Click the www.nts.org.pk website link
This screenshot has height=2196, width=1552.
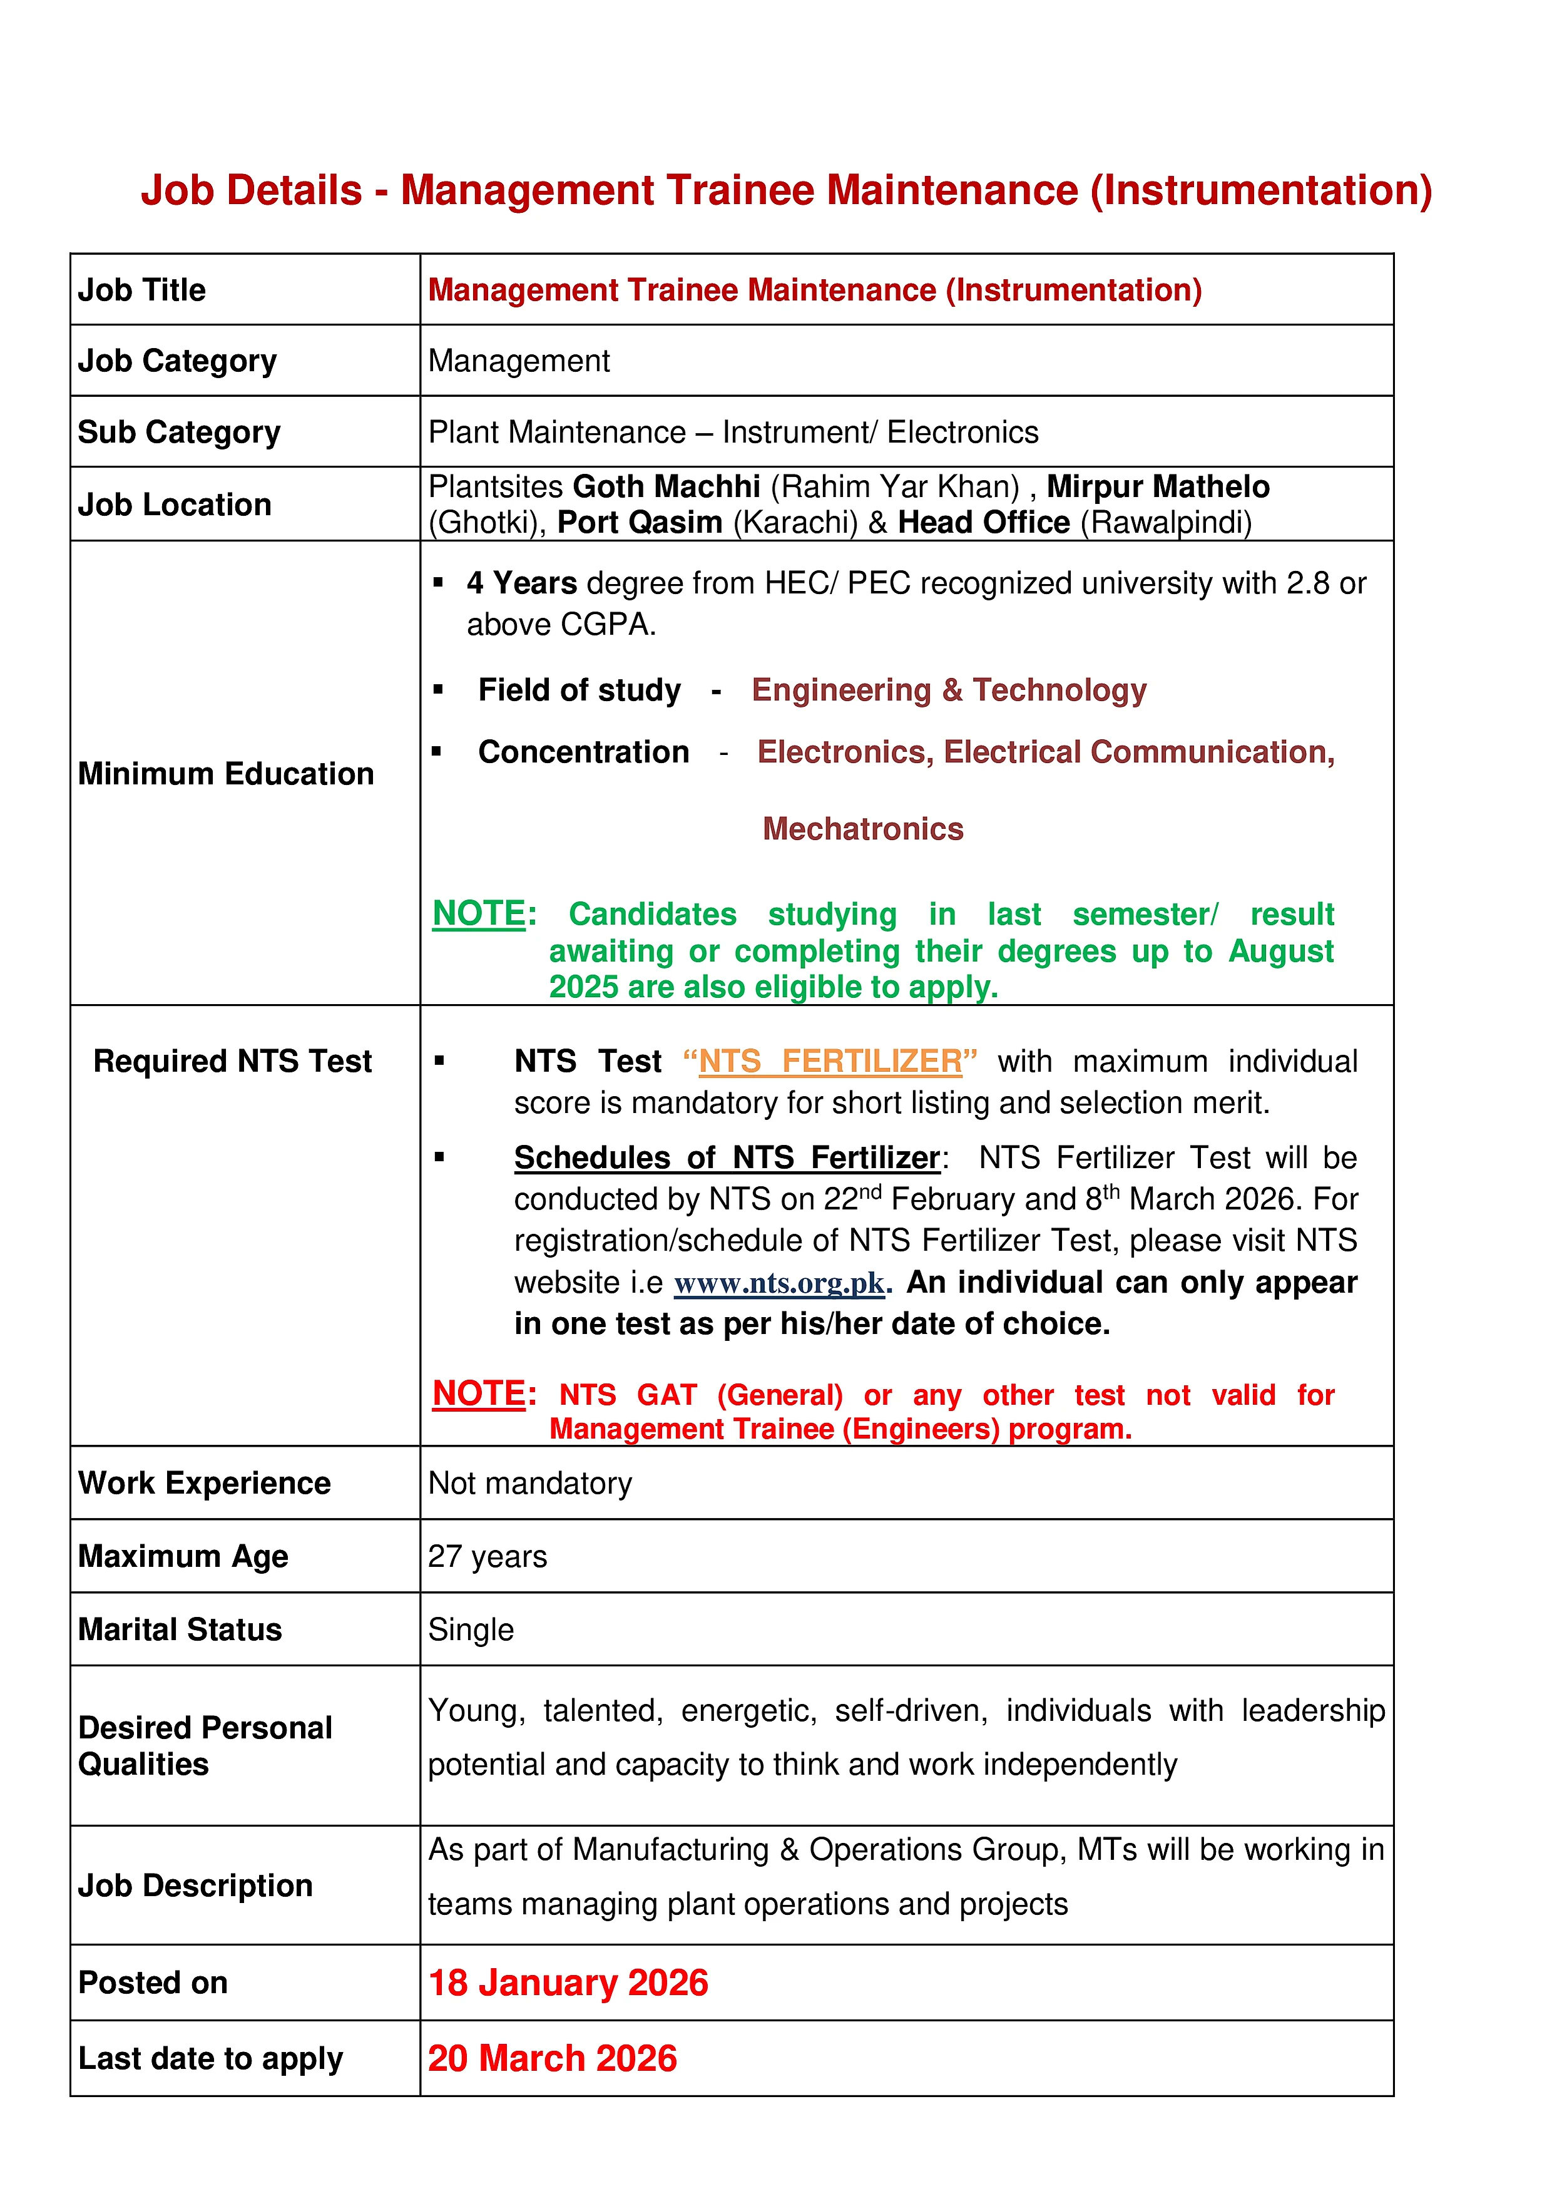[x=779, y=1283]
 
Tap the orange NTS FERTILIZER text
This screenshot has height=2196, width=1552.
[x=830, y=1062]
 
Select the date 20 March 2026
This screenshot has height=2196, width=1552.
[x=552, y=2058]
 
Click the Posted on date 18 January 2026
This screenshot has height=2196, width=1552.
[x=568, y=1983]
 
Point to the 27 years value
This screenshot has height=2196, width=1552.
[x=487, y=1556]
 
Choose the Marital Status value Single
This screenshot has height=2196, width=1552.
[x=471, y=1629]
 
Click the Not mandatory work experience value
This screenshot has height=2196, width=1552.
[x=530, y=1484]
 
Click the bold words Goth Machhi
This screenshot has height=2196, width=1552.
[x=666, y=487]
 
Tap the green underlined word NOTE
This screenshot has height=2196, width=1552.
[x=478, y=913]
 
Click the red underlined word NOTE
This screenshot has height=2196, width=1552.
[x=478, y=1393]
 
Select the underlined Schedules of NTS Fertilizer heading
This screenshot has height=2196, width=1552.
[x=727, y=1158]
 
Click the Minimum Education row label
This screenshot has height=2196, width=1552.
[x=226, y=774]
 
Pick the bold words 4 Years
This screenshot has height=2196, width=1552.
[x=521, y=583]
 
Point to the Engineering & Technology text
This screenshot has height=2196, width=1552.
[x=949, y=690]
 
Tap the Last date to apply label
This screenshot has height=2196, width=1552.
[x=210, y=2058]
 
